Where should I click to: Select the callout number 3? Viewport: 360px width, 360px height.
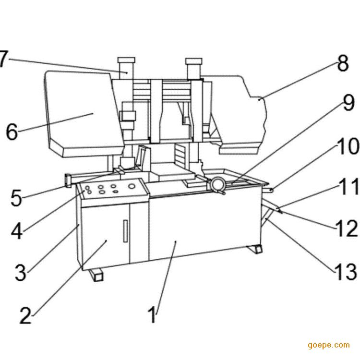click(20, 272)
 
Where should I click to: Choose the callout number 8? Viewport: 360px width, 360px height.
click(342, 63)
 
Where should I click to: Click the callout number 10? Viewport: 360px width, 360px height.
click(347, 147)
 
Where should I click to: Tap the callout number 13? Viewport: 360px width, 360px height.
click(345, 272)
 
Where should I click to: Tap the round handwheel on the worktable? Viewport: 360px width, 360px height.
click(219, 184)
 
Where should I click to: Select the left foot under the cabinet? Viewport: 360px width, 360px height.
click(96, 275)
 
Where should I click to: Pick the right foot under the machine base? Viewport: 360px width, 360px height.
click(254, 249)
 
